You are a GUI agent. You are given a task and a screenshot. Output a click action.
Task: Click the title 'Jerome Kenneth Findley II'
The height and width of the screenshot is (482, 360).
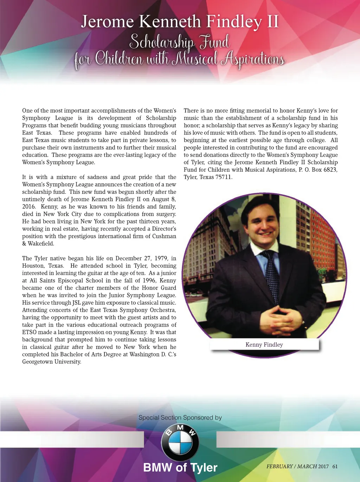(180, 22)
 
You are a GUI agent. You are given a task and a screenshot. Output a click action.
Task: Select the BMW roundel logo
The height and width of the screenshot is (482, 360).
(180, 442)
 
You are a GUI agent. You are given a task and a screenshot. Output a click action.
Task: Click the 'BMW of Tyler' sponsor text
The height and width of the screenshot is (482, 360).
(180, 468)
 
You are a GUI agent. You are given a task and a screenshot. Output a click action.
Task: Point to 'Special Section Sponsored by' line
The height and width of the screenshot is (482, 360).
(180, 418)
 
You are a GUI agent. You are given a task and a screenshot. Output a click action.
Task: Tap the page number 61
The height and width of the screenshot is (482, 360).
(335, 467)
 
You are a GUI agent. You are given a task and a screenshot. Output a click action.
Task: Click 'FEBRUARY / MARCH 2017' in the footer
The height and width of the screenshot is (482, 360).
(297, 467)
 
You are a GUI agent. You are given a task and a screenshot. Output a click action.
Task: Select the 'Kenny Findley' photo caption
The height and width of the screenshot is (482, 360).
(264, 345)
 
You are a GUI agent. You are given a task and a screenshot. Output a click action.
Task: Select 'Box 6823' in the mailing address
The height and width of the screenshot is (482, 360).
(324, 170)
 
